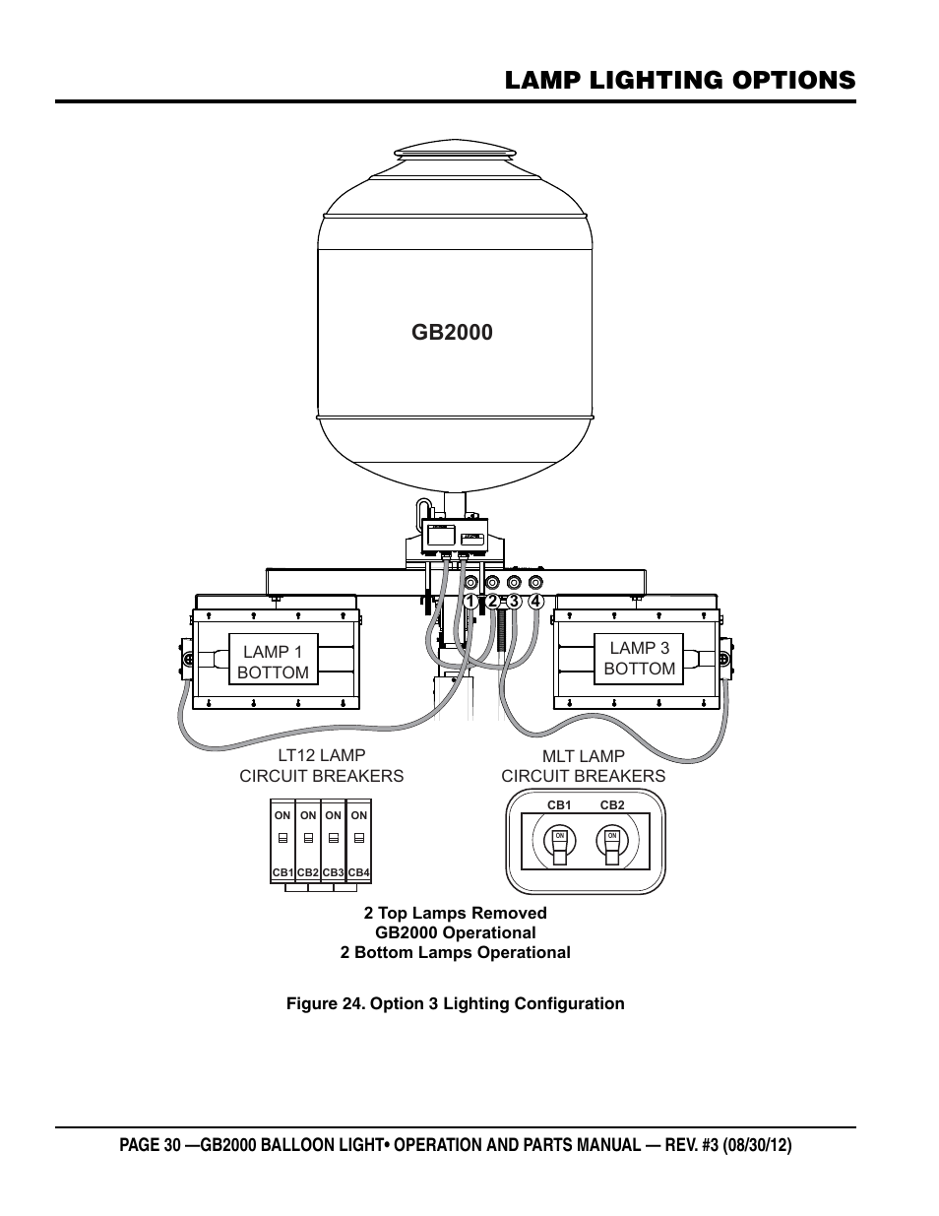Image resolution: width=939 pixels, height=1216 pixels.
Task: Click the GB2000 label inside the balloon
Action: [452, 332]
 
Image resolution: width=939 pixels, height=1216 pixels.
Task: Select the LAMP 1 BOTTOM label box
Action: [273, 662]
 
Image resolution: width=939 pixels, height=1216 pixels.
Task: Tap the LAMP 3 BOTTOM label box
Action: [639, 658]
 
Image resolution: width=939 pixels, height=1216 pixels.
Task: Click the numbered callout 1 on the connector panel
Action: [470, 601]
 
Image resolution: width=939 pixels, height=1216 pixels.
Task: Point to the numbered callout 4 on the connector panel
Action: [535, 601]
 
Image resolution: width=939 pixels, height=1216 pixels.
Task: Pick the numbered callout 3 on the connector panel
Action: [514, 601]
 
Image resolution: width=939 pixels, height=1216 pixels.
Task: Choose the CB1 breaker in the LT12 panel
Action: [282, 842]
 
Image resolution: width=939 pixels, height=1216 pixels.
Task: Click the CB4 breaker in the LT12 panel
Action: [358, 842]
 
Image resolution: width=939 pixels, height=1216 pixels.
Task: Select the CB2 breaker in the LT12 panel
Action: [308, 842]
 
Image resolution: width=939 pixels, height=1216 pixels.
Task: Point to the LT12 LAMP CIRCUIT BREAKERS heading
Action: [321, 766]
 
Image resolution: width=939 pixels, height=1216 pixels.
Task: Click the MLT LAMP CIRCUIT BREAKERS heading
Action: [583, 766]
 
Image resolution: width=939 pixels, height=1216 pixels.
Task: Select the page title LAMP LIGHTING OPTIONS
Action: [679, 80]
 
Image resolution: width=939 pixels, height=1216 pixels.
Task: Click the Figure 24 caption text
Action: [455, 1003]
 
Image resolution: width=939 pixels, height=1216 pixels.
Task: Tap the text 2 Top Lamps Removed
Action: [455, 913]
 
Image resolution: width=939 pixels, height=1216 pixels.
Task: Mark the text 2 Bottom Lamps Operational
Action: [455, 952]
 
